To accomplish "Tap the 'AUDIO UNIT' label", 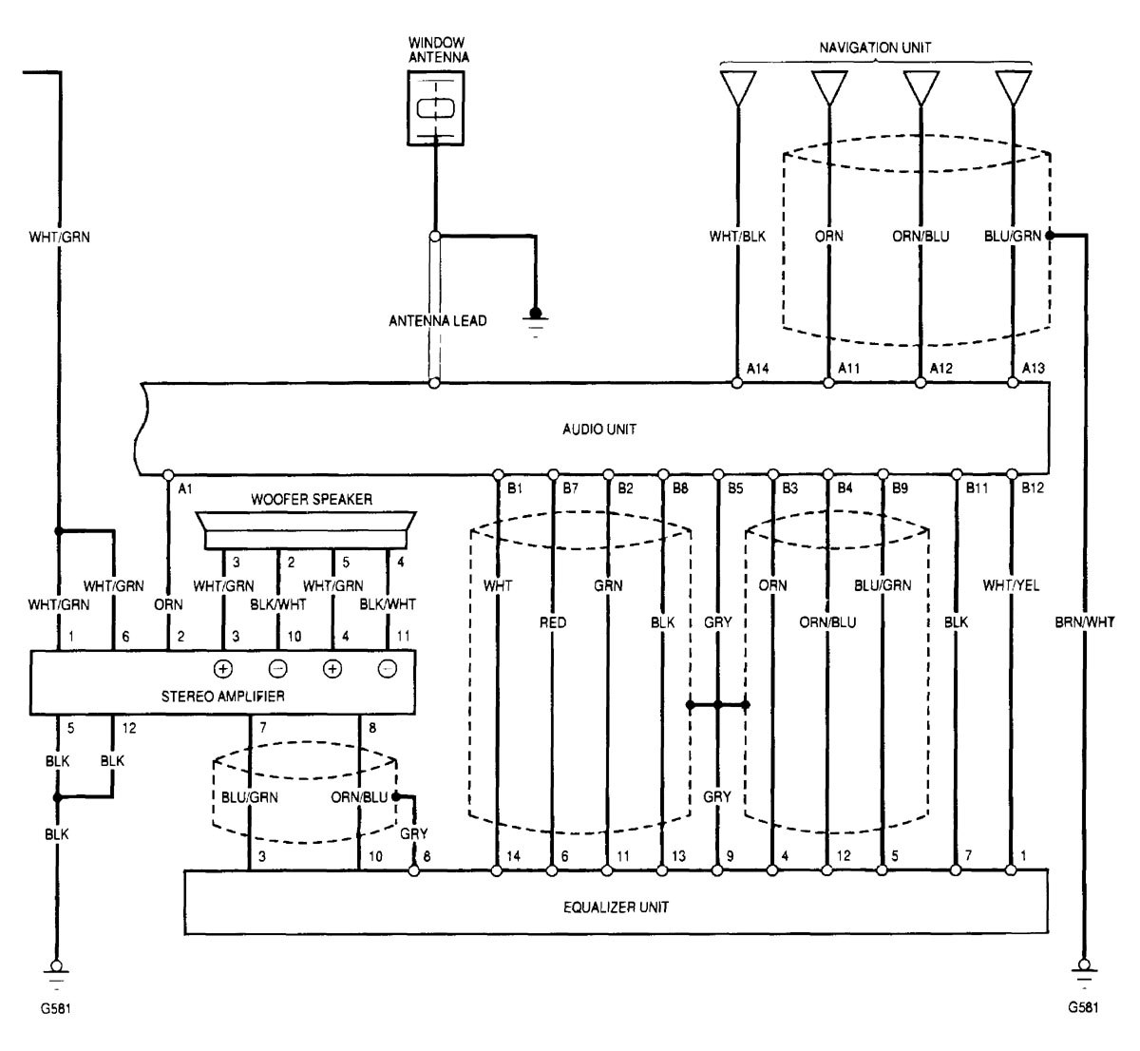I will [x=599, y=430].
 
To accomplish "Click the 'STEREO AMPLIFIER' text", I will [x=224, y=696].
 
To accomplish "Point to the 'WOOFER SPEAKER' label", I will [x=312, y=498].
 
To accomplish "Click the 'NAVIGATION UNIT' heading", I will [x=875, y=46].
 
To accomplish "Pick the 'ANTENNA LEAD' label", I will [x=437, y=321].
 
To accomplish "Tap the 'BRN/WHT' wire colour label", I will [x=1084, y=622].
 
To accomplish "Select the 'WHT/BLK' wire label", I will [x=737, y=236].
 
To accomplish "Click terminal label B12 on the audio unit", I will [x=1032, y=488].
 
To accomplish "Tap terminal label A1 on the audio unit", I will [x=185, y=488].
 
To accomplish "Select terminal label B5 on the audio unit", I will [x=736, y=488].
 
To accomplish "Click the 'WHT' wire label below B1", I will [x=497, y=585].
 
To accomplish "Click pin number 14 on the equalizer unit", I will [x=514, y=855].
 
